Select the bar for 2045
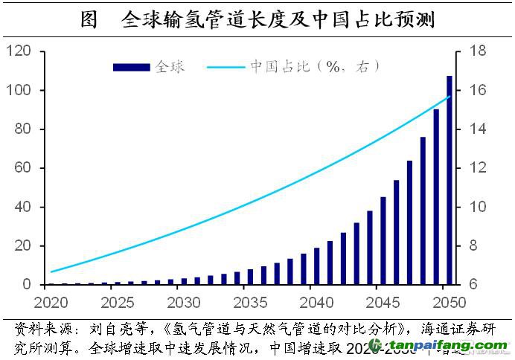point(383,241)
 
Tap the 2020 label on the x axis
point(51,303)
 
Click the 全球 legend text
point(168,67)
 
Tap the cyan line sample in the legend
point(220,67)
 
